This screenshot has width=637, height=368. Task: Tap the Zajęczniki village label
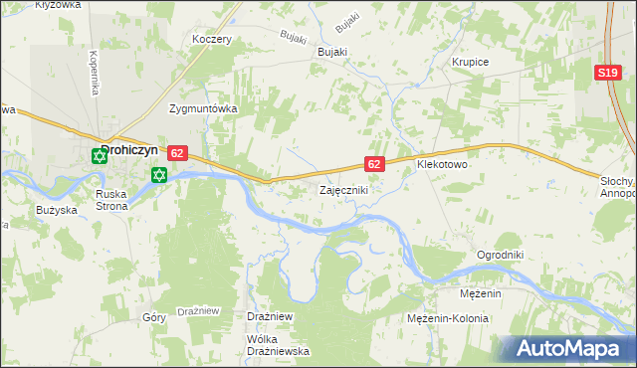tap(344, 189)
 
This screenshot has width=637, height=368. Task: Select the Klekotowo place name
tap(444, 163)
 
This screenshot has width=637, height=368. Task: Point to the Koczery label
tap(212, 40)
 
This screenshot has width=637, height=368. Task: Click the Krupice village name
tap(470, 62)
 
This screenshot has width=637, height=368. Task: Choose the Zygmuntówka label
tap(202, 109)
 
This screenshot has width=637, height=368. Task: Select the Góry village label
tap(153, 317)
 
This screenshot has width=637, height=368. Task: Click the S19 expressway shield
tap(608, 74)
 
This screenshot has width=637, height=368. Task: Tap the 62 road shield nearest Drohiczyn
tap(177, 153)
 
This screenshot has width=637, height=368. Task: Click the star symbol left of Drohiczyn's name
tap(99, 156)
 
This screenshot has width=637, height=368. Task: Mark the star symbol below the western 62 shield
tap(157, 176)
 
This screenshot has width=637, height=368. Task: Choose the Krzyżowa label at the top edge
tap(57, 5)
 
